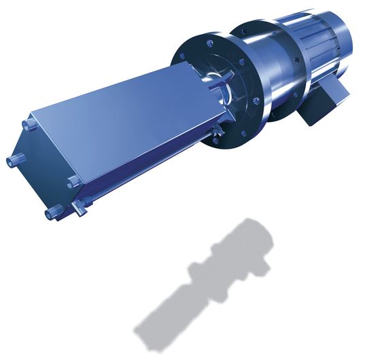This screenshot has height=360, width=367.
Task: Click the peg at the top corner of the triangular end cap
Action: pyautogui.click(x=27, y=125)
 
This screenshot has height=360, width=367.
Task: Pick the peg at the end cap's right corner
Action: pyautogui.click(x=71, y=181)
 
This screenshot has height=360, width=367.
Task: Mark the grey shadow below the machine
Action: pyautogui.click(x=204, y=285)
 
